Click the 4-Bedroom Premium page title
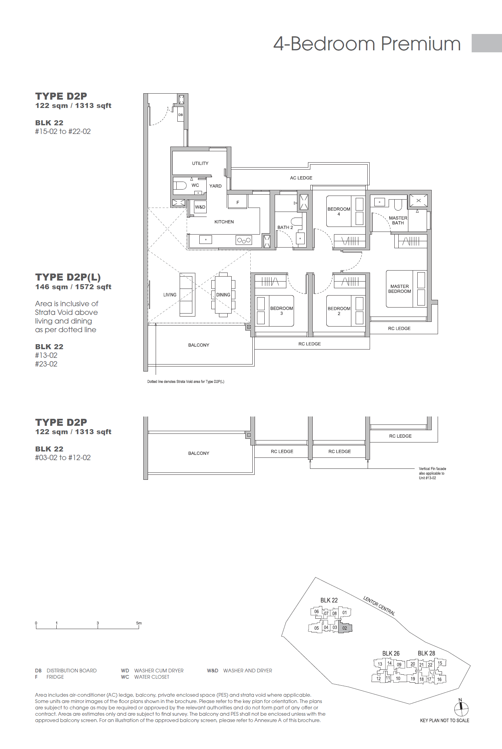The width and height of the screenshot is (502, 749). pyautogui.click(x=367, y=44)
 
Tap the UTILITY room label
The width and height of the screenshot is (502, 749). pyautogui.click(x=200, y=163)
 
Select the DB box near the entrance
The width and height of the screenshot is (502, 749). pyautogui.click(x=180, y=115)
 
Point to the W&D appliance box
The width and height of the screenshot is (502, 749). pyautogui.click(x=200, y=207)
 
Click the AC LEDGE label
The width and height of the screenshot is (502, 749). pyautogui.click(x=301, y=178)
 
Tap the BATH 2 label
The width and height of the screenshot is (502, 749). pyautogui.click(x=285, y=227)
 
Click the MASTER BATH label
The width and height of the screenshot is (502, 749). pyautogui.click(x=398, y=220)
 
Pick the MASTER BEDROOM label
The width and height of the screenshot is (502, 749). pyautogui.click(x=399, y=289)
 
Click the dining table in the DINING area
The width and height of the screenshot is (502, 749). pyautogui.click(x=223, y=295)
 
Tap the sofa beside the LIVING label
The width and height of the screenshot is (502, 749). pyautogui.click(x=187, y=295)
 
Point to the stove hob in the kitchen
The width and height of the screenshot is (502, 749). pyautogui.click(x=244, y=240)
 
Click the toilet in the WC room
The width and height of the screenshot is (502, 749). pyautogui.click(x=180, y=185)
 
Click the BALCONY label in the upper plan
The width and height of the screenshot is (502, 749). pyautogui.click(x=199, y=345)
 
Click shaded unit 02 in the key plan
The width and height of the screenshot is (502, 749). pyautogui.click(x=345, y=628)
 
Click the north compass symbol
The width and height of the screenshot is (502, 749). pyautogui.click(x=461, y=709)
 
